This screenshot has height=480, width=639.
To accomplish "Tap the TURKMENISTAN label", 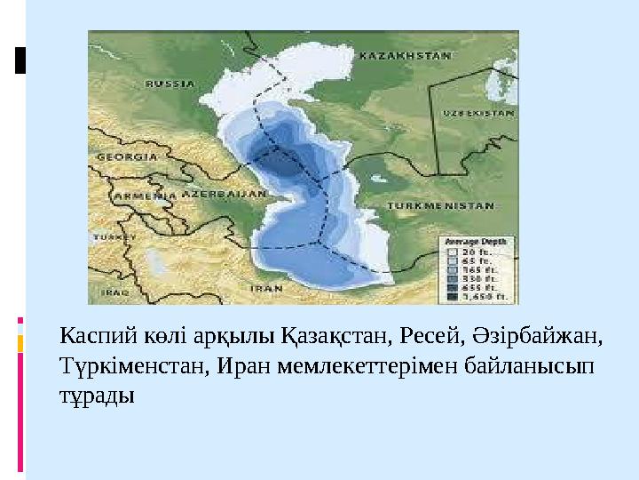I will click(439, 204).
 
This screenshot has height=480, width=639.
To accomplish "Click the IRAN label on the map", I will click(267, 288).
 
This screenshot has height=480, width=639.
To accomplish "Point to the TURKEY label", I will click(112, 238).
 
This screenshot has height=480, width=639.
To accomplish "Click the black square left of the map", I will click(20, 59).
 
